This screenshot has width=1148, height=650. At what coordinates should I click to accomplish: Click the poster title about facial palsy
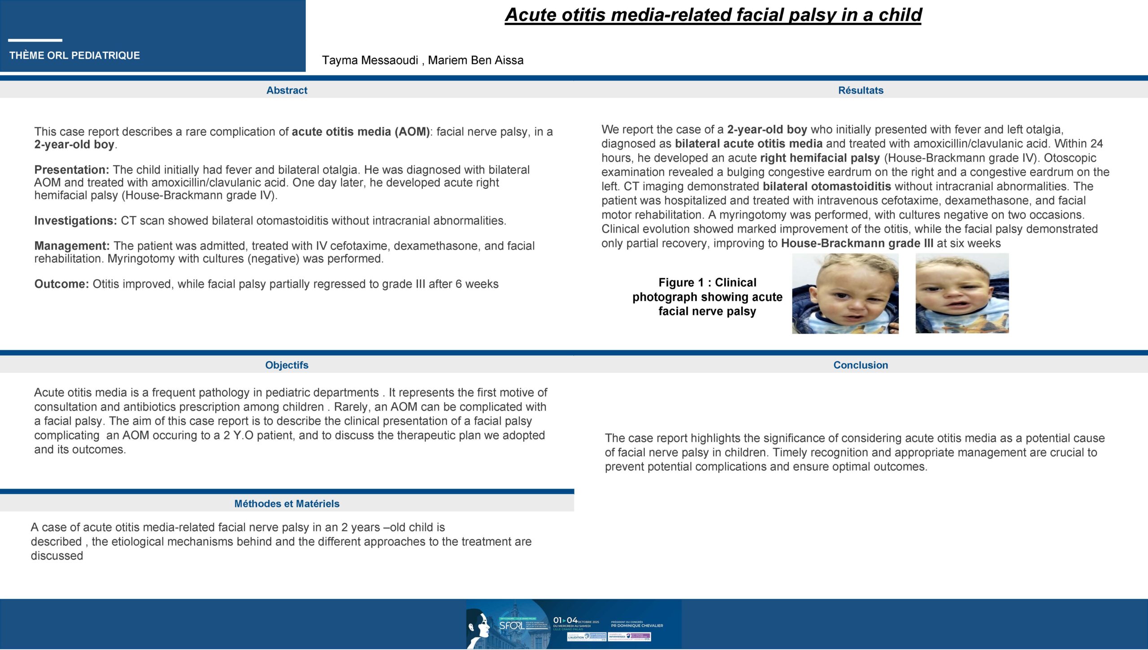[713, 15]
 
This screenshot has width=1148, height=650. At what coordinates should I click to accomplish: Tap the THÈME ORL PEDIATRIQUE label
[74, 56]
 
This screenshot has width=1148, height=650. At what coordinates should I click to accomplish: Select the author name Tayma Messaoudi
[370, 60]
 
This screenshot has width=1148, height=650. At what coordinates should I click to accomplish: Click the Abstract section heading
[287, 90]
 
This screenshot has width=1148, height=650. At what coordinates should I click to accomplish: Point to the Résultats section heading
[861, 90]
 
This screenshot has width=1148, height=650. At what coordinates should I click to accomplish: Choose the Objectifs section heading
[287, 365]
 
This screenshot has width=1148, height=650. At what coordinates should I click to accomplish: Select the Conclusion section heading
[861, 365]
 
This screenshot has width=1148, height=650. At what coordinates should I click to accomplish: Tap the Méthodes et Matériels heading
[287, 503]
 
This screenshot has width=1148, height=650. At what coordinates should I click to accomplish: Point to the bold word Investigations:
[75, 221]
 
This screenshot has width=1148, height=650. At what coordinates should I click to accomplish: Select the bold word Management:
[72, 246]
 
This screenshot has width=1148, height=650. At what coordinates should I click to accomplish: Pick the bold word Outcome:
[62, 284]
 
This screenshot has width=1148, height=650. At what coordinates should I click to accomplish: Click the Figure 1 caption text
[707, 297]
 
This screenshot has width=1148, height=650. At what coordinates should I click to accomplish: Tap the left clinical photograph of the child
[845, 294]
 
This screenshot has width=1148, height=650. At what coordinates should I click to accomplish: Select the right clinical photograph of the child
[962, 294]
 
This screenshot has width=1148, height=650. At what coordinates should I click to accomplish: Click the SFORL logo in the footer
[512, 625]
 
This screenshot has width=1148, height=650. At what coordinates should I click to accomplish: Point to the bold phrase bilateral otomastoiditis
[826, 186]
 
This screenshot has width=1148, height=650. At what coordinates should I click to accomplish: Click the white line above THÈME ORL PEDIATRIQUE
[35, 40]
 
